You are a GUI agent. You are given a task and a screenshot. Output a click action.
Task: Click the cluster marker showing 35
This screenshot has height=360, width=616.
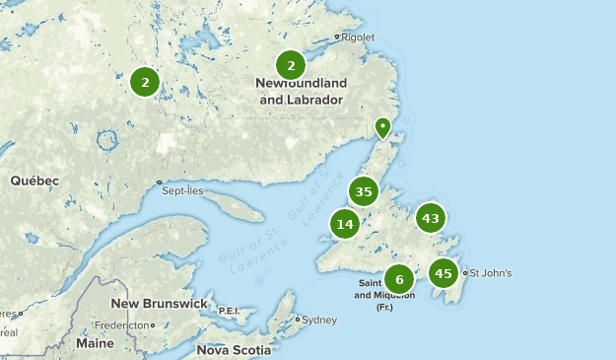click(x=364, y=191)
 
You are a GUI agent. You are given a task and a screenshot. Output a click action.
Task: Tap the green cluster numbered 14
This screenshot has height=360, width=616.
click(x=345, y=224)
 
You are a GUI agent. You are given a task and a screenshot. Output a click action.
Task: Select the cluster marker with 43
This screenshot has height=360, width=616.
click(x=431, y=218)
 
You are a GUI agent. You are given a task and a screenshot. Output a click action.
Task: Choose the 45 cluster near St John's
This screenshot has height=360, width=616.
click(x=444, y=273)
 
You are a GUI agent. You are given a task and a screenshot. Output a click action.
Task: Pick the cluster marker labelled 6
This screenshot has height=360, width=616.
click(x=399, y=279)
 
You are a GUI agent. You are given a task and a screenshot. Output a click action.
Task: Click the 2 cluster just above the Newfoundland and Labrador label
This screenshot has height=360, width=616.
click(x=291, y=66)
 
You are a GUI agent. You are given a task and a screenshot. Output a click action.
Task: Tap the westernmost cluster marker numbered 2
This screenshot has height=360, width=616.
click(x=145, y=82)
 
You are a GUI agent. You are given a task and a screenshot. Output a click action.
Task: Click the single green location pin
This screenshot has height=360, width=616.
click(x=383, y=127)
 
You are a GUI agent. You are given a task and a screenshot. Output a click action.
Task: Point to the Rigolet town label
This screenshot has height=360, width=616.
click(x=358, y=37)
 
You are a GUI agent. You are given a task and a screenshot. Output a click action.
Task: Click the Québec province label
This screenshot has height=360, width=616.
click(x=34, y=180)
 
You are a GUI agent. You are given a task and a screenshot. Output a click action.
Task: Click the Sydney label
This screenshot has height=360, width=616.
click(x=319, y=320)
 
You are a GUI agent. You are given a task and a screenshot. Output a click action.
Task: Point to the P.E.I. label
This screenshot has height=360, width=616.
click(x=229, y=310)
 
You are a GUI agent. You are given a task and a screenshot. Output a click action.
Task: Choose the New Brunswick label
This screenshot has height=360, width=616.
click(x=160, y=303)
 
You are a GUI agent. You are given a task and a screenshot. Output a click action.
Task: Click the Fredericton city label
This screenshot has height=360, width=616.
click(x=121, y=324)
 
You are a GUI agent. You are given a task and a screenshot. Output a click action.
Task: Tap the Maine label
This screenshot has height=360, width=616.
click(x=95, y=343)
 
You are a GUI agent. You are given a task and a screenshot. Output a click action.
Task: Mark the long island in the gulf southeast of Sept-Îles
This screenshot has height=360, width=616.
click(x=240, y=207)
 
